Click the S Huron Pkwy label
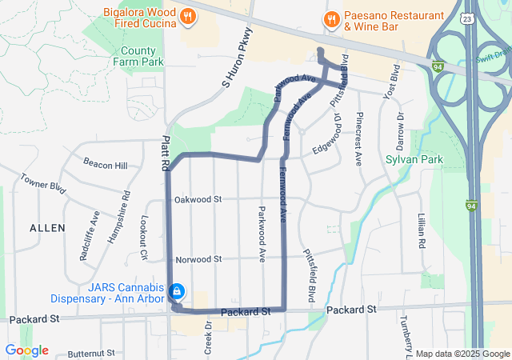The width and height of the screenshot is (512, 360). click(237, 58)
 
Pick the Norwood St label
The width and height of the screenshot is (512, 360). click(198, 259)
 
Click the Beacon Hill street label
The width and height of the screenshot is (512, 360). click(110, 166)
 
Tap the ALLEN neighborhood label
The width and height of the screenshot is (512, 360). click(47, 228)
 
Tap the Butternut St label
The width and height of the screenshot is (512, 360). click(91, 353)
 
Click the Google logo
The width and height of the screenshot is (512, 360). click(26, 350)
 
